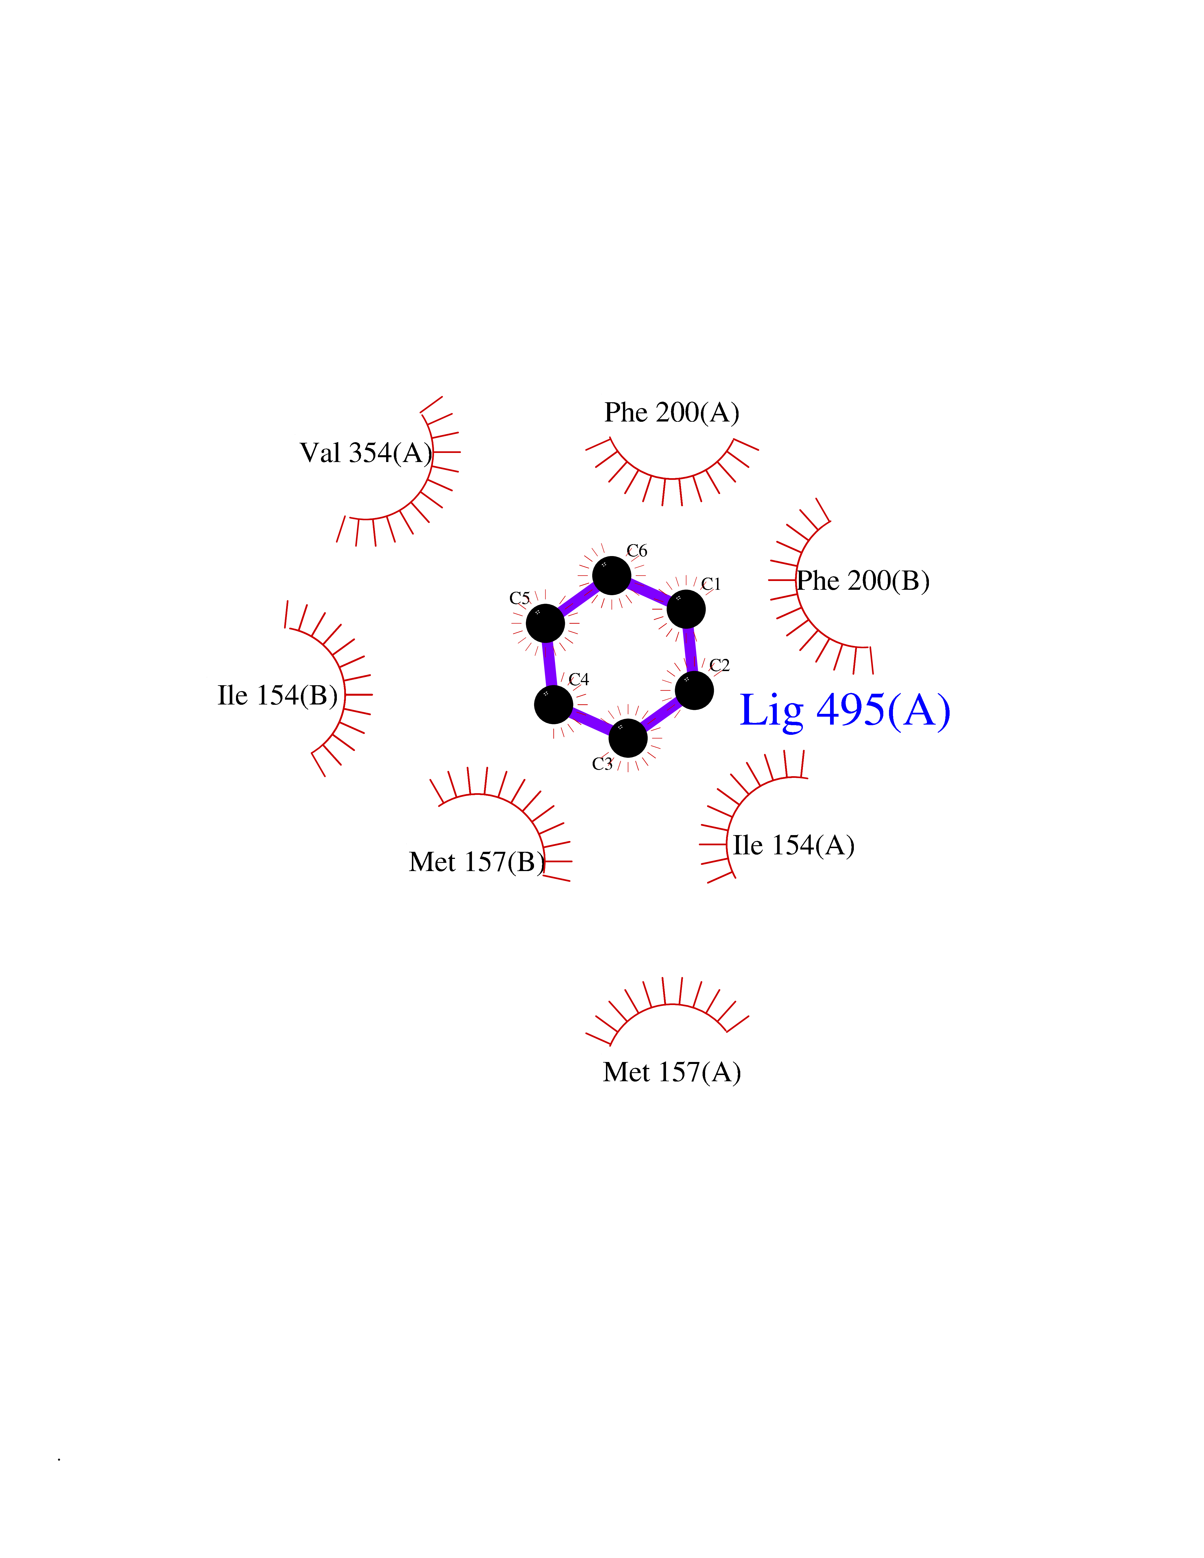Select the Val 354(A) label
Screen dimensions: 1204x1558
tap(366, 453)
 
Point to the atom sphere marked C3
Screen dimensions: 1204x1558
tap(628, 738)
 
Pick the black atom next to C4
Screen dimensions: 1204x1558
tap(554, 705)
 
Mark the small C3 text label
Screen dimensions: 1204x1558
tap(602, 764)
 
